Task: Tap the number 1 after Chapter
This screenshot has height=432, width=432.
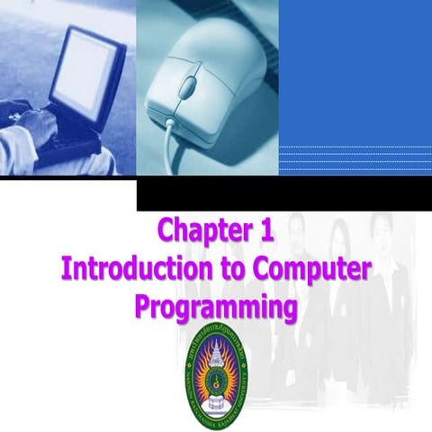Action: point(262,231)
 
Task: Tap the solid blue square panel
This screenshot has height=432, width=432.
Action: point(355,72)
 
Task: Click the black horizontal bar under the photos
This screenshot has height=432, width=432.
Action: point(283,194)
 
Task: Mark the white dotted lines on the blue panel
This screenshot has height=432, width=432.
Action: point(355,158)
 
